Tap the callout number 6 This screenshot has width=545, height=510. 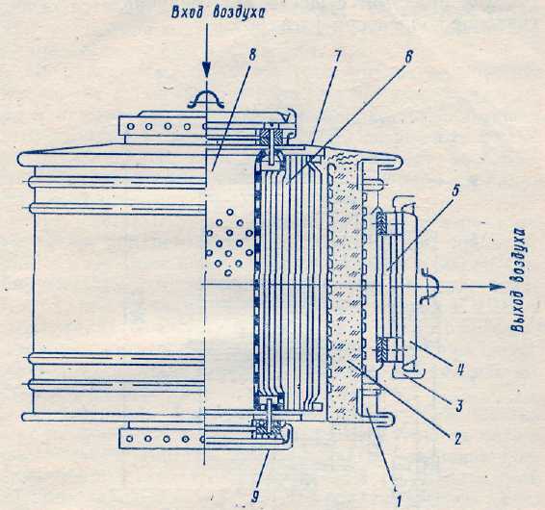click(408, 57)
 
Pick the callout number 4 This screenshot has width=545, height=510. click(460, 369)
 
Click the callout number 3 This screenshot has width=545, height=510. click(459, 406)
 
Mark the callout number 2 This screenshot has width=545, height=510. click(457, 439)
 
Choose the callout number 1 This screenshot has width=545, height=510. click(399, 500)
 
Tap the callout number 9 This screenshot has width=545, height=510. click(255, 498)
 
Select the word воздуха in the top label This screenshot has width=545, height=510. click(239, 13)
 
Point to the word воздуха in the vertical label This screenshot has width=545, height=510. click(519, 258)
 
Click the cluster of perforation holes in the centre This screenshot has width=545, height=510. click(229, 242)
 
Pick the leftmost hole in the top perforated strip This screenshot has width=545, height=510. click(130, 127)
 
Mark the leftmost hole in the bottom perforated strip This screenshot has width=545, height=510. click(130, 439)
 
